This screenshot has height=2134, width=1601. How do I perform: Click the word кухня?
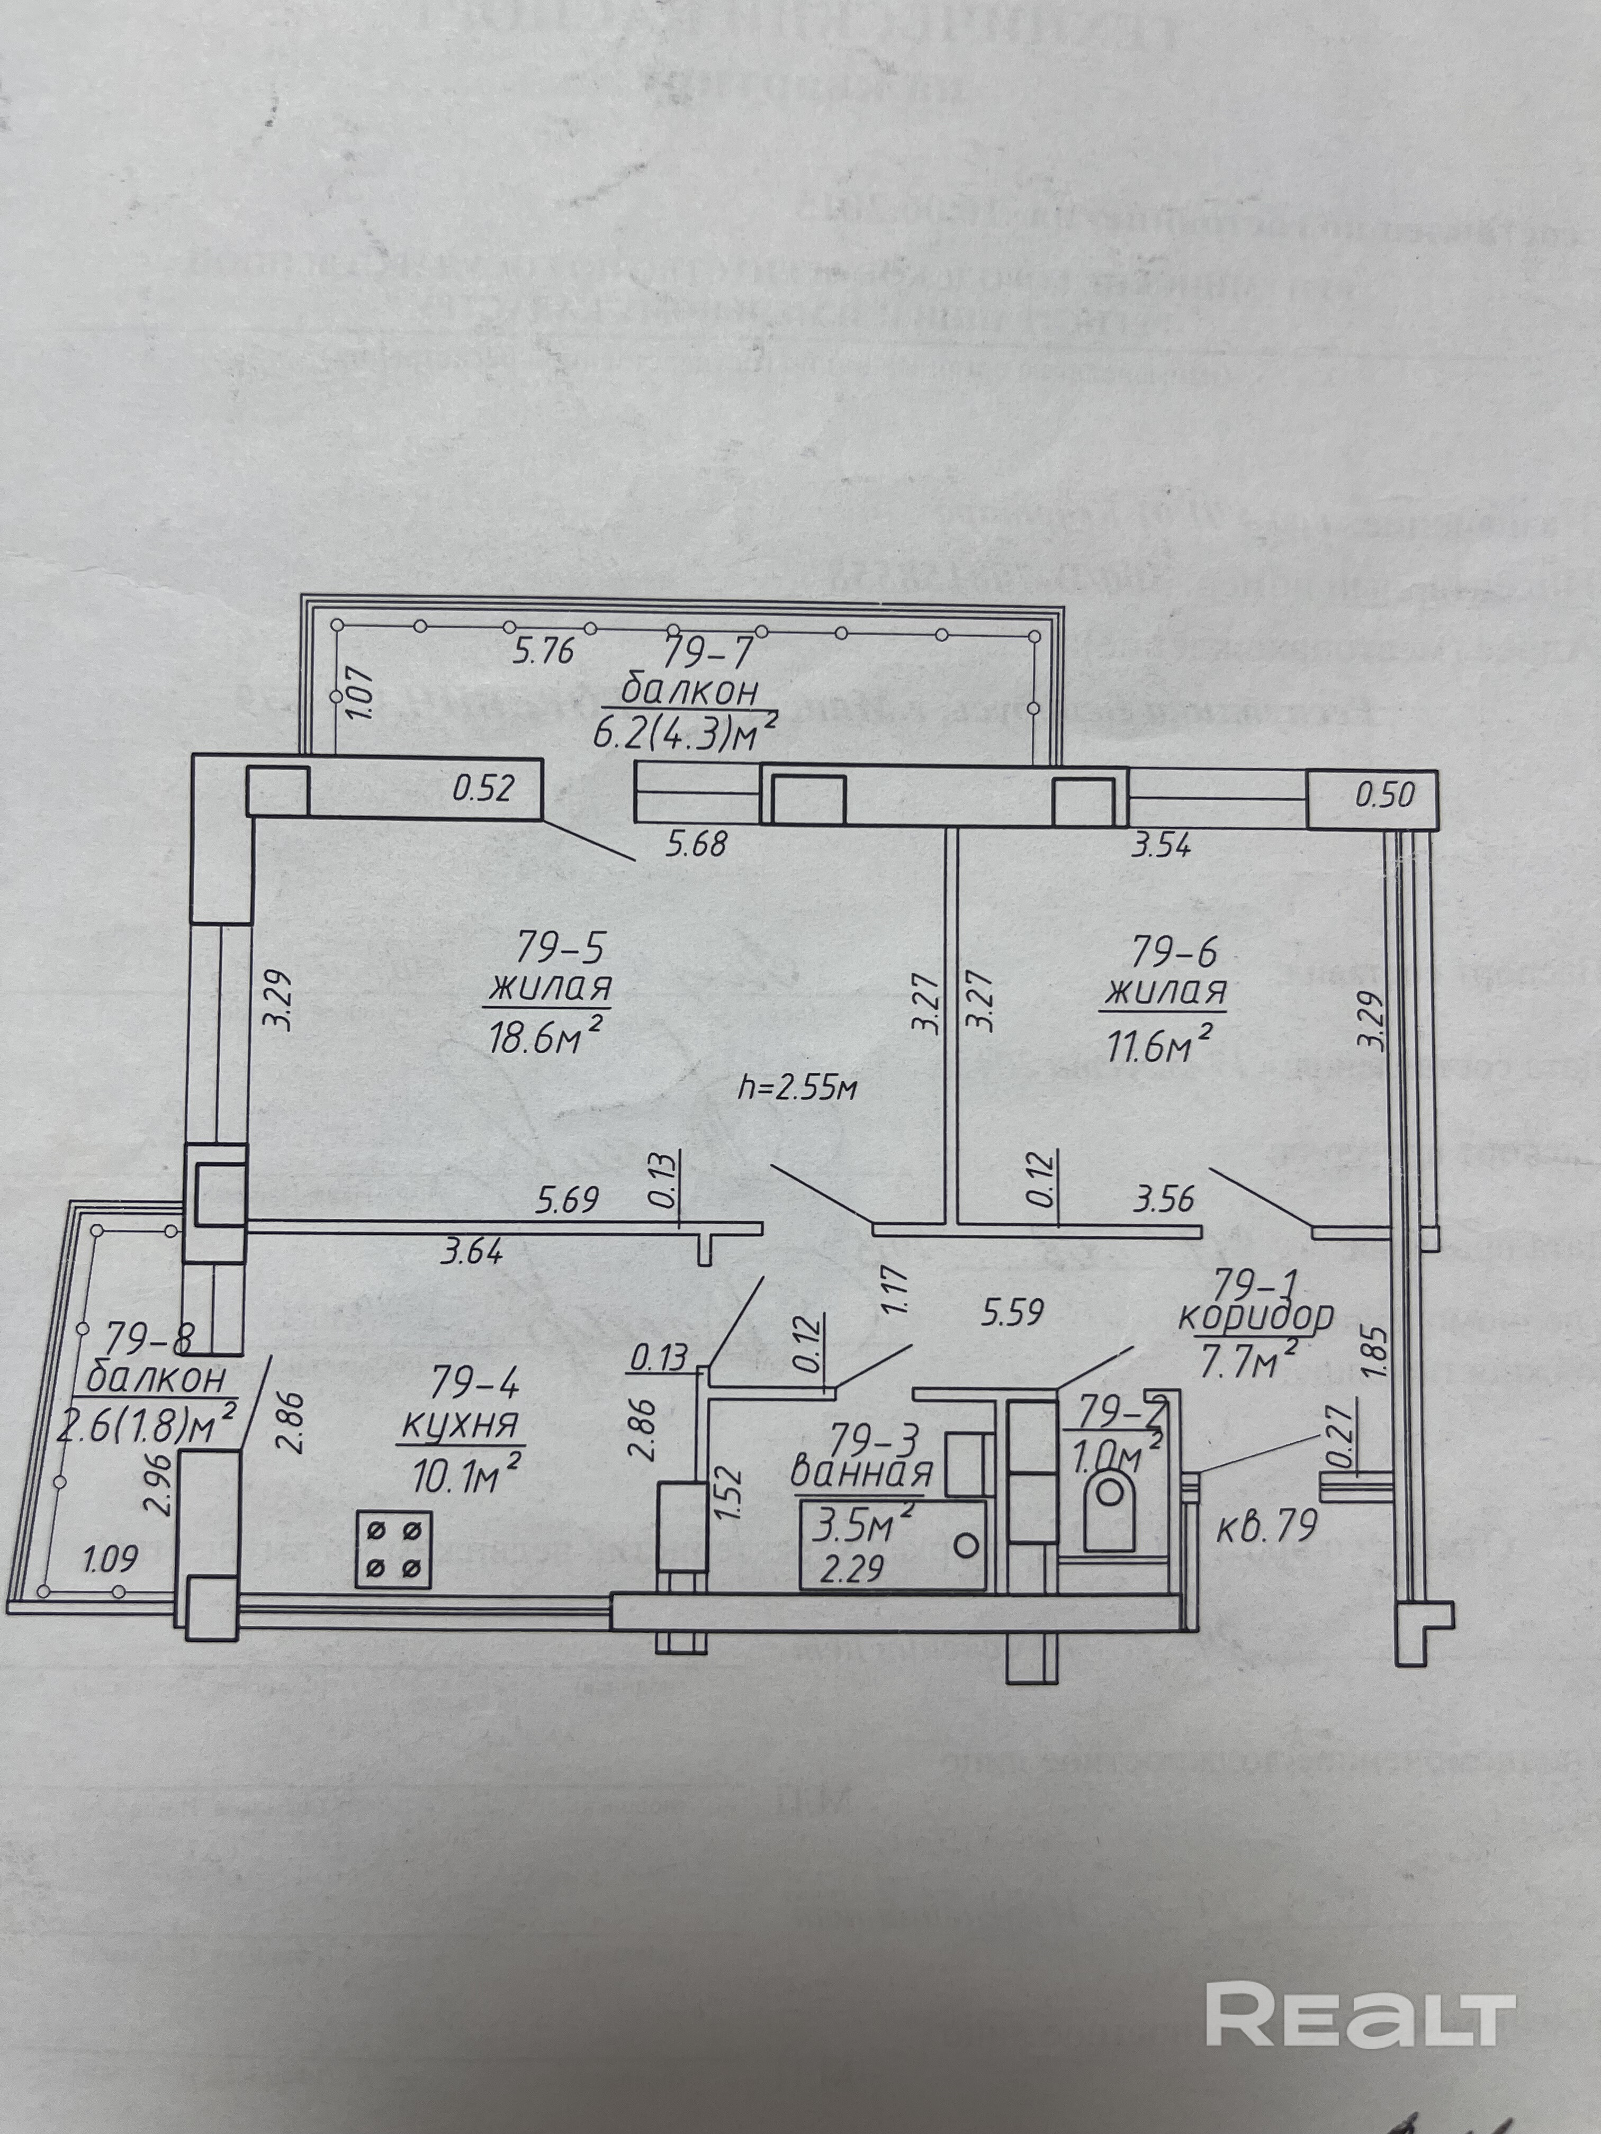(460, 1425)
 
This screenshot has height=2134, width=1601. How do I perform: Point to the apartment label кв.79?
(1266, 1527)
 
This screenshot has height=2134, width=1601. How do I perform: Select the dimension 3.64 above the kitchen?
(471, 1253)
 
